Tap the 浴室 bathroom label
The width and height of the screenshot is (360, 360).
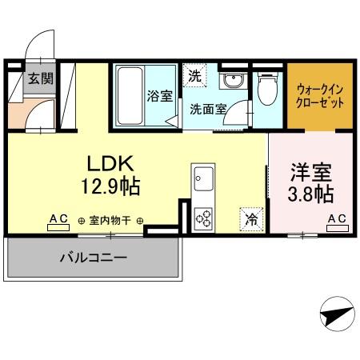[x=159, y=96]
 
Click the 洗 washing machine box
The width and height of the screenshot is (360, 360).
[x=195, y=75]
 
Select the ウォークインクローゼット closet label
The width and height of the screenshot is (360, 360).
[x=320, y=97]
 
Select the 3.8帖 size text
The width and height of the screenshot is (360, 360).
[x=311, y=194]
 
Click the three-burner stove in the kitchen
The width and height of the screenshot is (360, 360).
[x=202, y=218]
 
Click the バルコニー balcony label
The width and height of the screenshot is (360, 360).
[x=93, y=258]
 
